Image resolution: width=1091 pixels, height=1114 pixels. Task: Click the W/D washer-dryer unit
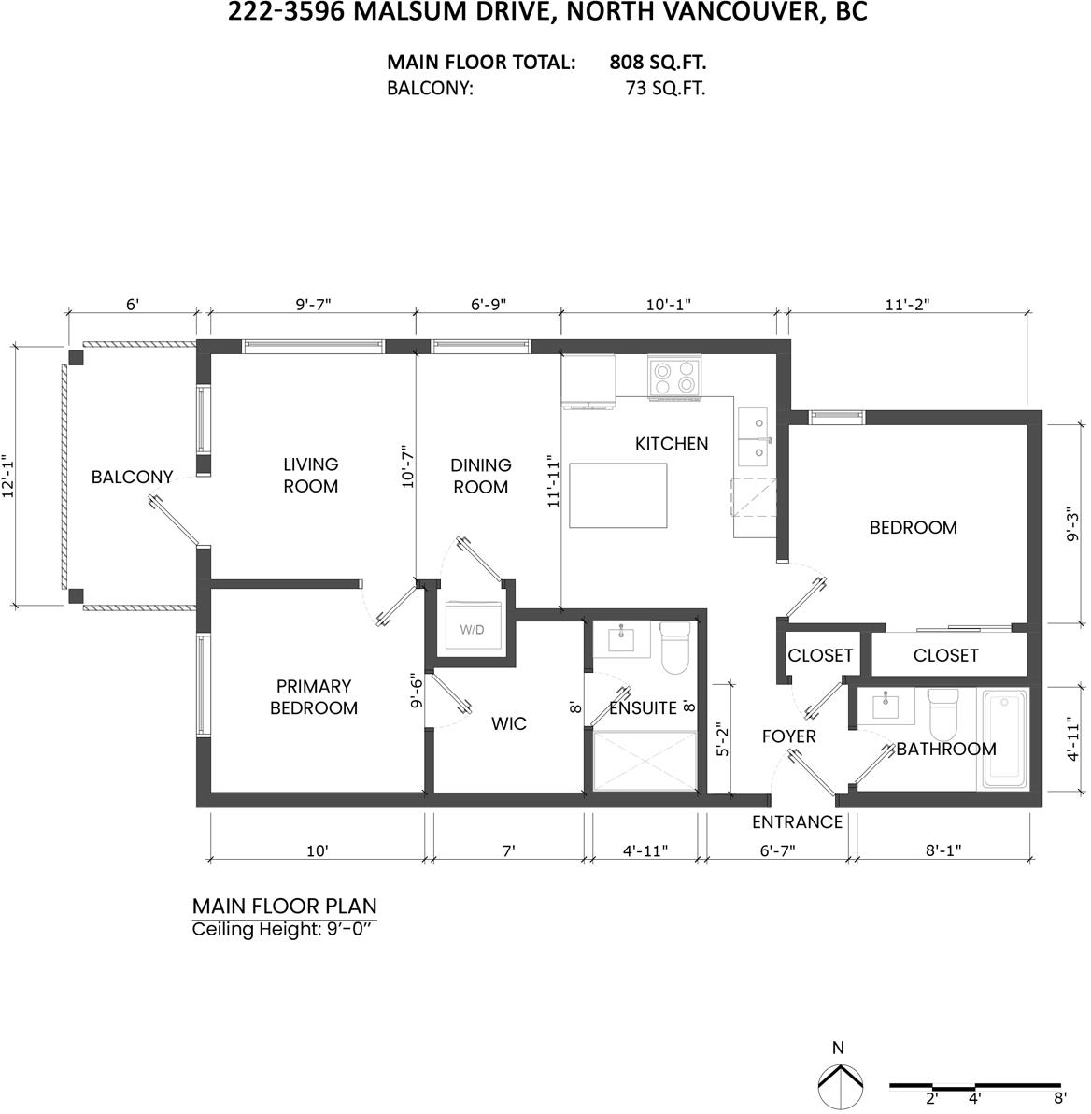tap(473, 626)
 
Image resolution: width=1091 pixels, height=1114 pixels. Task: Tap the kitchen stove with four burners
tap(673, 378)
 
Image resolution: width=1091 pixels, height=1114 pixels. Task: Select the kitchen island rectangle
tap(618, 495)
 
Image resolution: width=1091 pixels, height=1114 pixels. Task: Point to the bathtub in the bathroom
tap(1005, 739)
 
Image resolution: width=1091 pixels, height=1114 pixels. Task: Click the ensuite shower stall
tap(645, 760)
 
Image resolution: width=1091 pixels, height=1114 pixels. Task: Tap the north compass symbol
tap(840, 1086)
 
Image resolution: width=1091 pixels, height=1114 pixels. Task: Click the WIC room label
tap(508, 723)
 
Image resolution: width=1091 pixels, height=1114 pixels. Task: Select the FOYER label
tap(788, 736)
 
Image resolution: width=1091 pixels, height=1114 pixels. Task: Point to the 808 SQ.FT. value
tap(658, 63)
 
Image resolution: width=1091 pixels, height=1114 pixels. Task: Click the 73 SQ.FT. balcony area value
tap(666, 88)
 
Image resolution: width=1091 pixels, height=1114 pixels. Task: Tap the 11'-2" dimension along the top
tap(907, 304)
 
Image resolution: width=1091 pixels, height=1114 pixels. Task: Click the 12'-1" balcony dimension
tap(9, 476)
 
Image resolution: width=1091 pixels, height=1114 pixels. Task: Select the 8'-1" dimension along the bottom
tap(943, 850)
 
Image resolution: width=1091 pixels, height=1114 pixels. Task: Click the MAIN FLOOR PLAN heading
tap(284, 906)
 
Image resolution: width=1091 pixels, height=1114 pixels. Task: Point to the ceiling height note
tap(282, 929)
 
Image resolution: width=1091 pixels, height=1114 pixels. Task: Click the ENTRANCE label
tap(797, 822)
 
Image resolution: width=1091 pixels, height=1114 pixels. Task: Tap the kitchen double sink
tap(752, 436)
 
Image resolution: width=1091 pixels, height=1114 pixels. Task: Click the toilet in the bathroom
tap(943, 714)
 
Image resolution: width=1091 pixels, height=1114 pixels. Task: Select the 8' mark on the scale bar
tap(1060, 1098)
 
